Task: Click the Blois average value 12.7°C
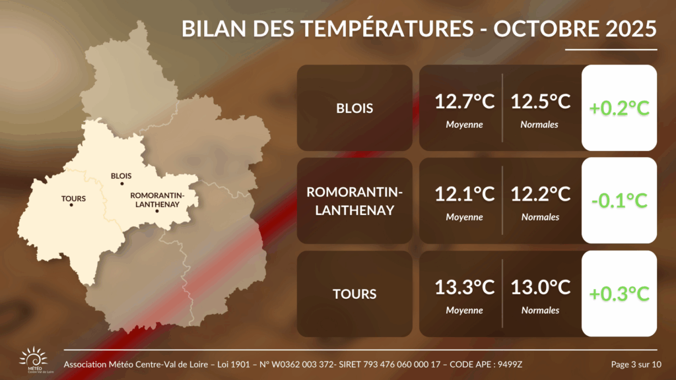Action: (x=464, y=102)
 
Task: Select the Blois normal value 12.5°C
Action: (x=540, y=102)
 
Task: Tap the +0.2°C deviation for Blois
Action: (x=619, y=108)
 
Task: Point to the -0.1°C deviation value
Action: (x=619, y=201)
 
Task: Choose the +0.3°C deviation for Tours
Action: (x=619, y=294)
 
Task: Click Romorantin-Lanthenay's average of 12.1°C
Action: (x=464, y=195)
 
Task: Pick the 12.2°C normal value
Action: (x=540, y=195)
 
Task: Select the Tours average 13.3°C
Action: (x=464, y=288)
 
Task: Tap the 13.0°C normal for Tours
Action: (x=540, y=288)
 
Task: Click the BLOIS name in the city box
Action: (x=355, y=108)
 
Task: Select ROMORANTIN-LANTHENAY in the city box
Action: (x=355, y=201)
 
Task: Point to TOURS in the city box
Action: (x=355, y=294)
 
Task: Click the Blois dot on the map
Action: (x=122, y=184)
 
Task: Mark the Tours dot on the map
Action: (x=71, y=205)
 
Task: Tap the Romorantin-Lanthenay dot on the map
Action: (x=157, y=211)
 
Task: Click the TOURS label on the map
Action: (x=73, y=199)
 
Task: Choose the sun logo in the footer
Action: (x=34, y=358)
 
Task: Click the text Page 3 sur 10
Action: (x=636, y=364)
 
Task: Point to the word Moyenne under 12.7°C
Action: (x=464, y=125)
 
